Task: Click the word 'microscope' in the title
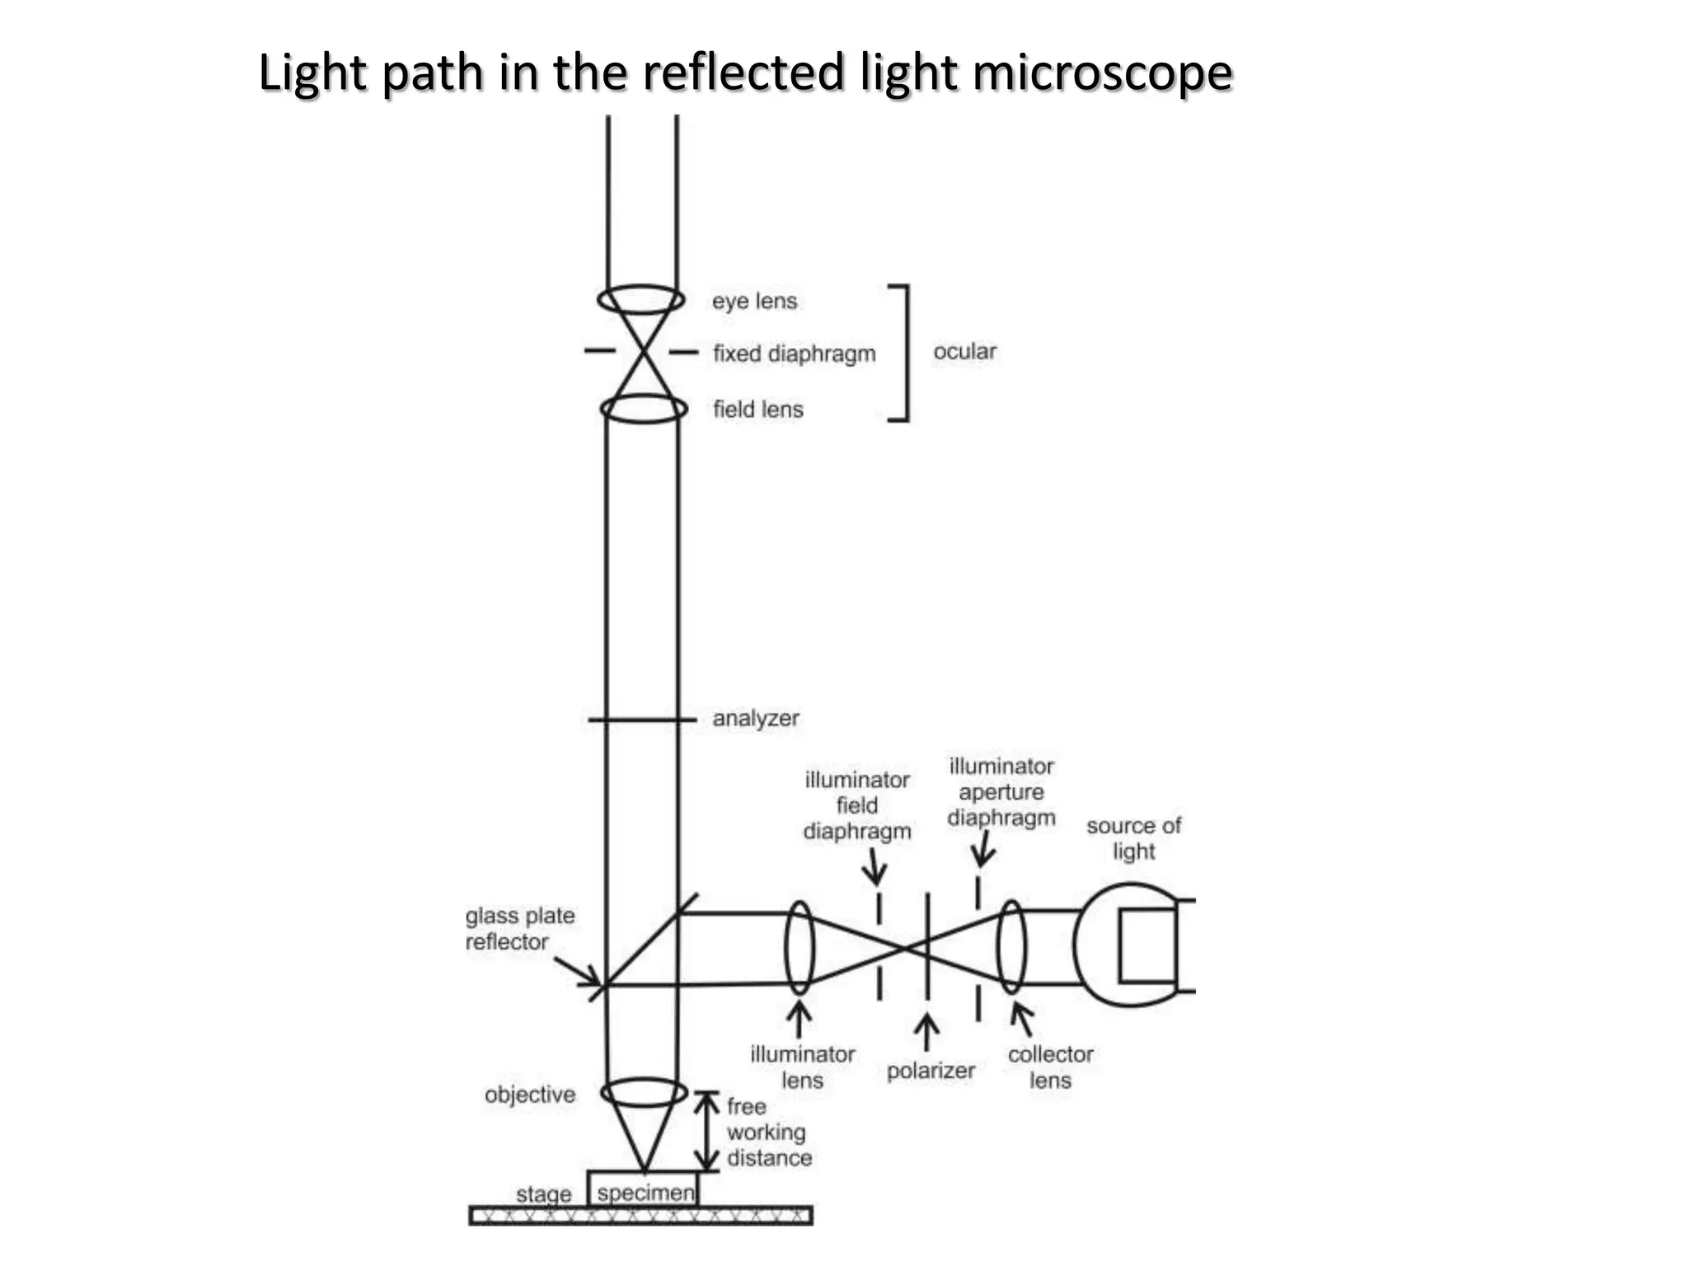tap(1102, 73)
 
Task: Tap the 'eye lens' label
tap(754, 301)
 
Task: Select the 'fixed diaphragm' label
tap(794, 354)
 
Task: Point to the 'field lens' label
tap(757, 409)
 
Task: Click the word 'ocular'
tap(964, 352)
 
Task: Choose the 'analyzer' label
tap(755, 719)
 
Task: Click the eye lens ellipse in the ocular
tap(641, 299)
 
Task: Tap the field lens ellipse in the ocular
tap(644, 409)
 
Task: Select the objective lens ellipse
tap(644, 1093)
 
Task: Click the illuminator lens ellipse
tap(799, 948)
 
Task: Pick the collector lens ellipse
tap(1011, 948)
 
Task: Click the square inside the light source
tap(1147, 946)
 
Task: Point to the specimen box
tap(643, 1190)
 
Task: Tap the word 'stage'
tap(543, 1193)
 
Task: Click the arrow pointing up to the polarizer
tap(927, 1033)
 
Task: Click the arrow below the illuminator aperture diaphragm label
tap(982, 849)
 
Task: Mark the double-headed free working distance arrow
tap(706, 1131)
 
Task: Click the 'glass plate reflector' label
tap(519, 929)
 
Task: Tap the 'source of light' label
tap(1133, 838)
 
